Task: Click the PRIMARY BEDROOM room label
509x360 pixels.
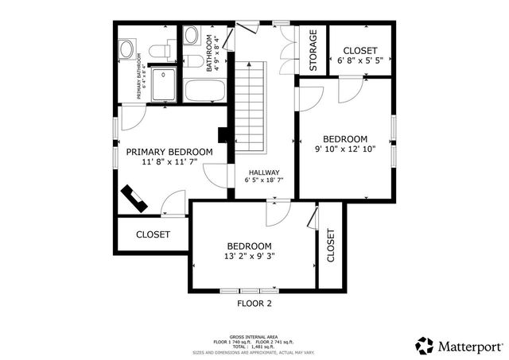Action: (x=169, y=152)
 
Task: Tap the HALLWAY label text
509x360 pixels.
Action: (x=262, y=172)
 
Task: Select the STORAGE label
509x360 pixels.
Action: (x=313, y=51)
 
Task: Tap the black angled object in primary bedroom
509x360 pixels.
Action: (x=134, y=198)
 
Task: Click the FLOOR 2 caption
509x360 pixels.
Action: (x=254, y=303)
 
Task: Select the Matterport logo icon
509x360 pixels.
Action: (x=424, y=346)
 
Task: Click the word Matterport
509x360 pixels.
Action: (x=470, y=346)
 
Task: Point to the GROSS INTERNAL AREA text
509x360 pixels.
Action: (x=254, y=335)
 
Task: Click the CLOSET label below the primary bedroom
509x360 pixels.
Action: (x=153, y=234)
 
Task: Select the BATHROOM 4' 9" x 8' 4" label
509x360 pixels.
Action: (x=213, y=52)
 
